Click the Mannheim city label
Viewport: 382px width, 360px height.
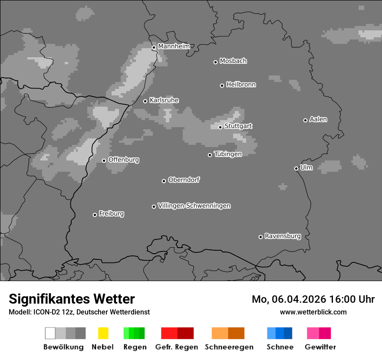(x=174, y=46)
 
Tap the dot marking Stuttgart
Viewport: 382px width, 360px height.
(x=220, y=127)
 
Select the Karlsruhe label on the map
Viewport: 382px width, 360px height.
(x=164, y=100)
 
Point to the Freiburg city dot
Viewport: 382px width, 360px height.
(x=95, y=215)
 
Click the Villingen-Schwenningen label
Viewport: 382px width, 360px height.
(x=194, y=206)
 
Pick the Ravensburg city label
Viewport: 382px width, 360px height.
(x=283, y=236)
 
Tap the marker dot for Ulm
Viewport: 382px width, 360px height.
(x=296, y=168)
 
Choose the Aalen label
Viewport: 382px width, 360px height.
(x=318, y=119)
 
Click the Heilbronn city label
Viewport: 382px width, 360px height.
(x=241, y=85)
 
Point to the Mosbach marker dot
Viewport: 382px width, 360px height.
(x=215, y=62)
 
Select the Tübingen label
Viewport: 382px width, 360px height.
(x=228, y=154)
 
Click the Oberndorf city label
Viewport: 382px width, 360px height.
(x=184, y=180)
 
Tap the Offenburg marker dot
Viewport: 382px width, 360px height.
(x=104, y=160)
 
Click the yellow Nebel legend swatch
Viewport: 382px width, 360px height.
(x=103, y=333)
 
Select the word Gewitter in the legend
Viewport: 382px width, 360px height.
(x=320, y=347)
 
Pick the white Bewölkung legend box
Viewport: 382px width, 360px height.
(x=50, y=333)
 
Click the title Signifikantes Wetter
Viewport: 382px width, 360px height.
(x=72, y=299)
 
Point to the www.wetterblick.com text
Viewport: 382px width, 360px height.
(x=313, y=312)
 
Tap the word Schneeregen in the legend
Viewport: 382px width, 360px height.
(x=228, y=347)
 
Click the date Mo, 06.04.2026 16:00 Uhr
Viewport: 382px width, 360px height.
(x=313, y=299)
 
